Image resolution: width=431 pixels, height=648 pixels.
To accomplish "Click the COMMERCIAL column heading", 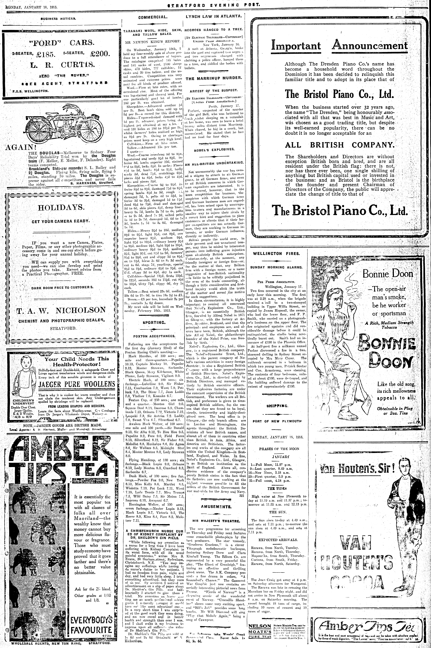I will click(153, 17).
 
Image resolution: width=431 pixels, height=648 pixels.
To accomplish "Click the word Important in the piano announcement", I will click(296, 45).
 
